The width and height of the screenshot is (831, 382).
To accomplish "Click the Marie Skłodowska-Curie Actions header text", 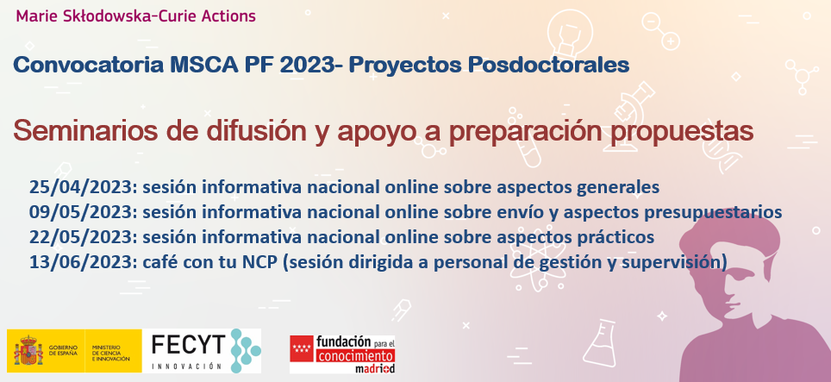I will coord(135,16).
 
